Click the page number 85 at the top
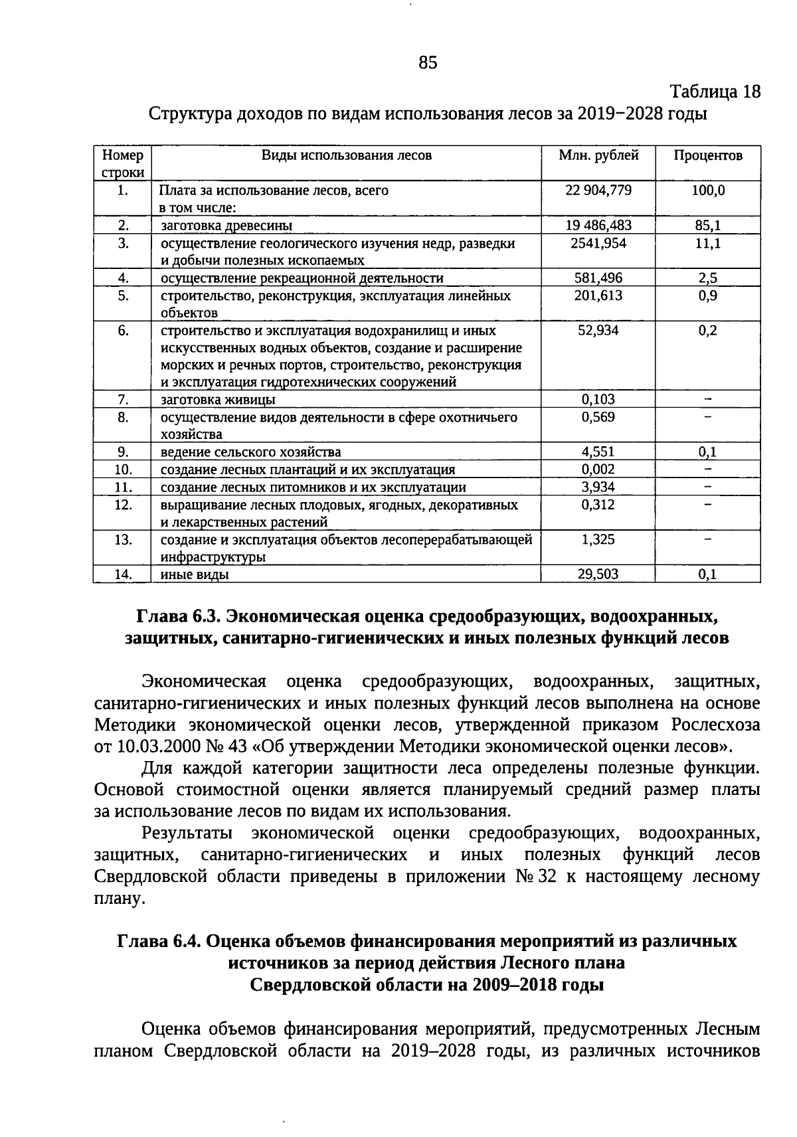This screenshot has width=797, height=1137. coord(428,63)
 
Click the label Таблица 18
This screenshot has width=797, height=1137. coord(714,92)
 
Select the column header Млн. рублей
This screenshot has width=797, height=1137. coord(598,155)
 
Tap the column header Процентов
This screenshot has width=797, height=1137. coord(707,155)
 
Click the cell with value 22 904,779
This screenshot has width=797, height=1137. coord(598,191)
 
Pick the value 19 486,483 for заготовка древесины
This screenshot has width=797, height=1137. coord(598,226)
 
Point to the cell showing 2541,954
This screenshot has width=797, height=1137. coord(598,243)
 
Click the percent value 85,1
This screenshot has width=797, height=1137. coord(707,226)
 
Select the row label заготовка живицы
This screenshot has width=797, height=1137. coord(218,400)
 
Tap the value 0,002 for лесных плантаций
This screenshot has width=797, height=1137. coord(598,470)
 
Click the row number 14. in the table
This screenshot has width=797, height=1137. coord(122,574)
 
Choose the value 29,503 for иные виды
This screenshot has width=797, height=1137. coord(598,574)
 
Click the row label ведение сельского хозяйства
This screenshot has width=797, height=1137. coord(250,452)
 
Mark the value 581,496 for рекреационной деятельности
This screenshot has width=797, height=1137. coord(598,278)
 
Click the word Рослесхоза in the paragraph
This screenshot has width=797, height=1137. coord(715,724)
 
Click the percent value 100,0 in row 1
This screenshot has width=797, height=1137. coord(707,191)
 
